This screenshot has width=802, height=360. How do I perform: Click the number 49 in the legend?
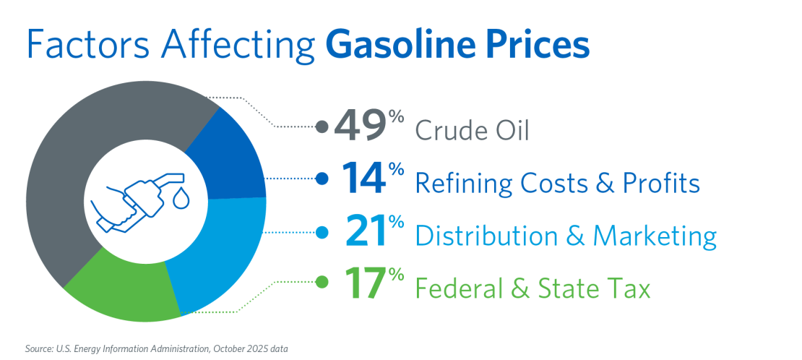(359, 128)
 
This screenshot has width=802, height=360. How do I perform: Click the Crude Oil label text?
(472, 132)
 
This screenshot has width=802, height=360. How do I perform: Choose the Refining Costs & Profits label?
(557, 184)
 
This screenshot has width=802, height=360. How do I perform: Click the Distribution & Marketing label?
(566, 236)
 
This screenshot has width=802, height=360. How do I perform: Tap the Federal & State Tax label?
(532, 289)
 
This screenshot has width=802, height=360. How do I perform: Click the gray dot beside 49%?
(323, 128)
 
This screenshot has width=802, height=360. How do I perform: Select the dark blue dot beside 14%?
(323, 178)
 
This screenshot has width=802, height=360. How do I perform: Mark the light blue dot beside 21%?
(323, 232)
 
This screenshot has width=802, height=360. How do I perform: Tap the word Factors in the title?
(77, 45)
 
